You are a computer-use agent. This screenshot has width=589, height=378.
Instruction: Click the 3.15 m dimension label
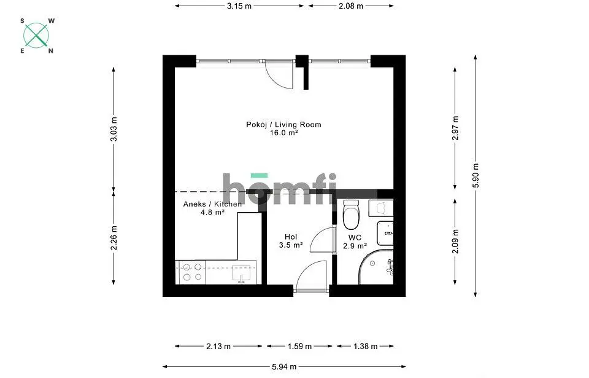click(x=239, y=6)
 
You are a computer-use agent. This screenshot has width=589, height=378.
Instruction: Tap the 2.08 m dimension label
click(x=351, y=6)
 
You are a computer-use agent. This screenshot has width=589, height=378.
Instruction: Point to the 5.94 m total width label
click(x=284, y=366)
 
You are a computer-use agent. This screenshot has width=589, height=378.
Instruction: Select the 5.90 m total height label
click(x=475, y=176)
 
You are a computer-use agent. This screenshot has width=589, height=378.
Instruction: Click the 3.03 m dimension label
click(x=114, y=129)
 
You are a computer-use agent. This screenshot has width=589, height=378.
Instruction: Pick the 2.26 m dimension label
click(x=114, y=238)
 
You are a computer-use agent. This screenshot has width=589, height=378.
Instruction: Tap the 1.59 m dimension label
click(x=300, y=347)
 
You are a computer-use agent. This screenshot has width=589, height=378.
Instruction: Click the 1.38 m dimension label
click(x=366, y=347)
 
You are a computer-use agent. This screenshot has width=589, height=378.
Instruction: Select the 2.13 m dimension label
click(x=218, y=347)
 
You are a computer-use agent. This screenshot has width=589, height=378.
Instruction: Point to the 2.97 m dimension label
click(x=455, y=128)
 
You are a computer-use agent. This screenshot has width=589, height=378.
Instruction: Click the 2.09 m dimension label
click(x=455, y=242)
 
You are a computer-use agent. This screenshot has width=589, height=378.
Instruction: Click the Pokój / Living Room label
click(x=283, y=125)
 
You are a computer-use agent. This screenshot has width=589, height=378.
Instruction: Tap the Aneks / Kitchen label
click(x=213, y=204)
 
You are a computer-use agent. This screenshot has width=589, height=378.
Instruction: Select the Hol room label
click(x=291, y=237)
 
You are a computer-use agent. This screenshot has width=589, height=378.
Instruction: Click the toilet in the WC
click(x=351, y=215)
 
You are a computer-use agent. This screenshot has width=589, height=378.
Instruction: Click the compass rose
click(x=36, y=36)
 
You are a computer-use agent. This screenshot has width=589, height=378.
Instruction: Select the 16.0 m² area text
click(x=284, y=133)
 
